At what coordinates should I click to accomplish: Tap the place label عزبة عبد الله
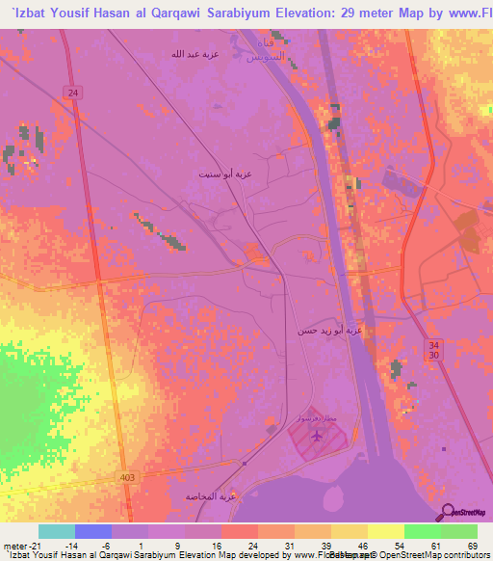point(197,54)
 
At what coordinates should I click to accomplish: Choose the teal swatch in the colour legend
point(56,531)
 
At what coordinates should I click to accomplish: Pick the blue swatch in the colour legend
point(92,531)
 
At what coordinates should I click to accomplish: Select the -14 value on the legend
point(71,545)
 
